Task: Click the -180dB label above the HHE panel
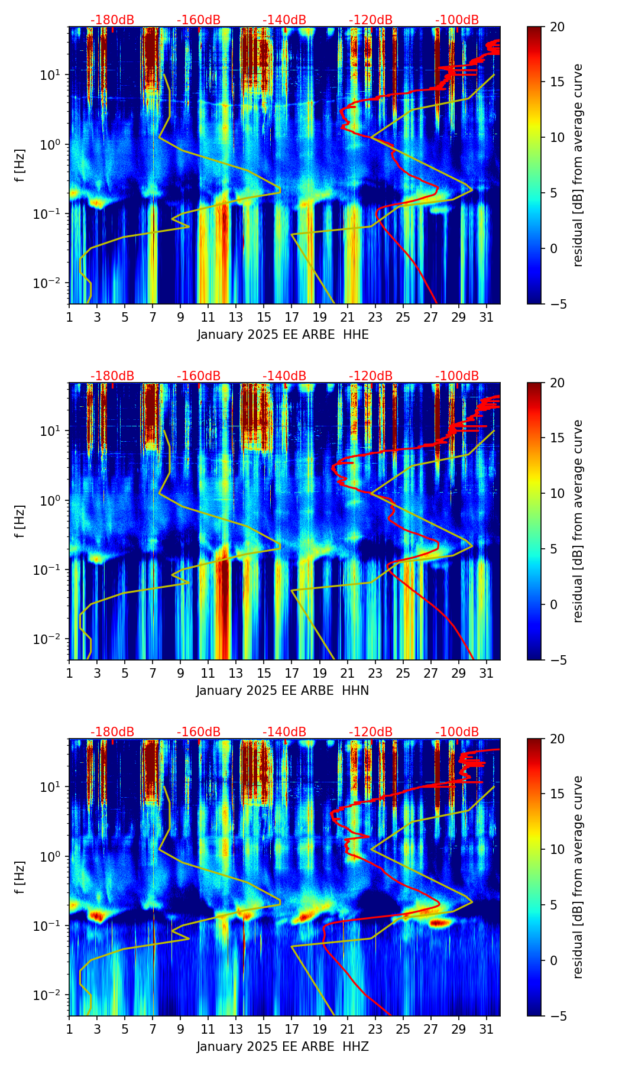pyautogui.click(x=112, y=20)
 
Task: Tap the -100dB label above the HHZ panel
pyautogui.click(x=457, y=732)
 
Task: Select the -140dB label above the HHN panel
pyautogui.click(x=284, y=376)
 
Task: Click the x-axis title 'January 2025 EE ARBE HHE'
pyautogui.click(x=283, y=335)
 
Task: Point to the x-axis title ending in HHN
pyautogui.click(x=283, y=691)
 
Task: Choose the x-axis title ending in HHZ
pyautogui.click(x=283, y=1047)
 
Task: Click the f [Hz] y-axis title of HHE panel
pyautogui.click(x=21, y=166)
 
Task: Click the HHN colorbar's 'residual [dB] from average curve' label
pyautogui.click(x=578, y=521)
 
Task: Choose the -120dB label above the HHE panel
pyautogui.click(x=371, y=20)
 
